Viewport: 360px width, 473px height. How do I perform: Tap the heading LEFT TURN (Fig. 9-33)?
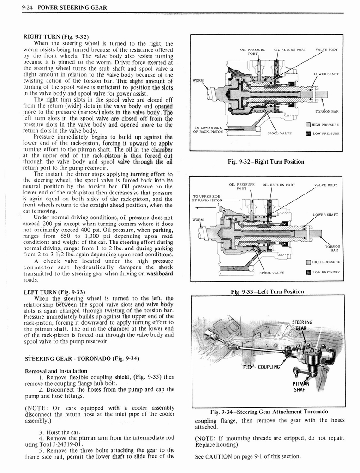[54, 291]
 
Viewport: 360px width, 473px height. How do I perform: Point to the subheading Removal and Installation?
[56, 370]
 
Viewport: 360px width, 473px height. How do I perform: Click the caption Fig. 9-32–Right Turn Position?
[266, 162]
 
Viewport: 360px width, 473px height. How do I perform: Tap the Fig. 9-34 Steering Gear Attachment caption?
[269, 412]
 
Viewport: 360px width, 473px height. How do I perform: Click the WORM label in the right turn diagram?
[198, 81]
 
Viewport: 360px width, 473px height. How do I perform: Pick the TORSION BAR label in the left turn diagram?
[332, 249]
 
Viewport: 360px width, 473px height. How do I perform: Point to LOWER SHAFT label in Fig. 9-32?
[326, 74]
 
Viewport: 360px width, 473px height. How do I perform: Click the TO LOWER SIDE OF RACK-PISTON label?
[208, 129]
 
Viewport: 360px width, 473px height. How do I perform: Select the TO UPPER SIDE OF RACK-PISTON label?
[207, 198]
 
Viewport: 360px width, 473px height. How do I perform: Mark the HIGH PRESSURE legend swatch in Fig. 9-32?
[308, 125]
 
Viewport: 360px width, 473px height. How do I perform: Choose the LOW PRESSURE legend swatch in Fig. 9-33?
[308, 272]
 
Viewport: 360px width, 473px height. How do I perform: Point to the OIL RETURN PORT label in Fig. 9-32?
[290, 49]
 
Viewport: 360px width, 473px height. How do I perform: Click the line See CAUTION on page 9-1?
[248, 456]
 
